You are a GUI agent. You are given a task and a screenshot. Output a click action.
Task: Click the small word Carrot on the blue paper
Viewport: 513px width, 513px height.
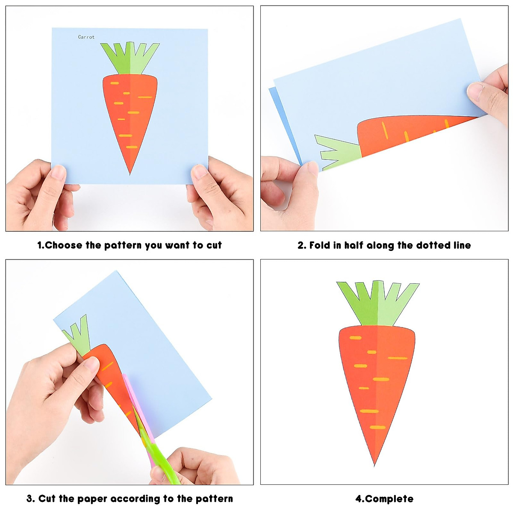pos(86,37)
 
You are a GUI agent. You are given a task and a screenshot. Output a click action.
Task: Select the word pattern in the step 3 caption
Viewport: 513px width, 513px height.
pos(214,498)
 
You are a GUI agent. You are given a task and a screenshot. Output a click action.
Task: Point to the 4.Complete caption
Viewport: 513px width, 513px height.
pos(384,498)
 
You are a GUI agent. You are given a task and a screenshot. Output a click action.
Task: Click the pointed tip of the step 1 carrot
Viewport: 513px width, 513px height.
pos(130,175)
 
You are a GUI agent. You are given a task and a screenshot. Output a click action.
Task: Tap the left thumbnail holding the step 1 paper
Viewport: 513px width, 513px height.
pos(58,172)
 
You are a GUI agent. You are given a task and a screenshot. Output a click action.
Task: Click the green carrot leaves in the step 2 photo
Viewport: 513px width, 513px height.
pos(338,152)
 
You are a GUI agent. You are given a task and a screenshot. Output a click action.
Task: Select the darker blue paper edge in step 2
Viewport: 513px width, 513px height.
pos(285,125)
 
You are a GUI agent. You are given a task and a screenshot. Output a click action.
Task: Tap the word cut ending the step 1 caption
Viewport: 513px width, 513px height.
pos(214,245)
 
